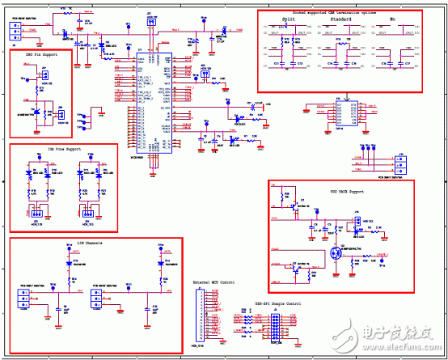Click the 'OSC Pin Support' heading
tap(41, 55)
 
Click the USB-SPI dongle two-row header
tap(274, 327)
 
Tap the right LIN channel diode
tap(146, 265)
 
